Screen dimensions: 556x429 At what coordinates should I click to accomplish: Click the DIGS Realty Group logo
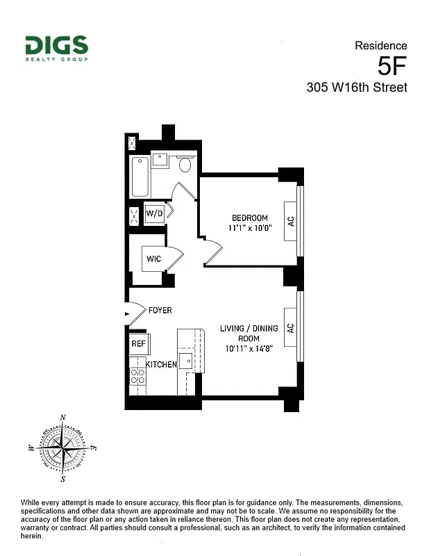point(57,48)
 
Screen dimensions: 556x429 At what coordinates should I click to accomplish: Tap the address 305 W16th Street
point(357,88)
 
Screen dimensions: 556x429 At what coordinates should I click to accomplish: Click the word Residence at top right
point(381,46)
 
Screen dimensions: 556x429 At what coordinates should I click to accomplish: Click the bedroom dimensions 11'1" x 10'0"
point(250,227)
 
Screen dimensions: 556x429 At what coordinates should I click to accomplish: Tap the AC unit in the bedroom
point(291,221)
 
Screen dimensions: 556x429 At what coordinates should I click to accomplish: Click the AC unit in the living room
point(291,327)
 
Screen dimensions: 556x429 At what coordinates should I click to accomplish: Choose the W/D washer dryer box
point(154,213)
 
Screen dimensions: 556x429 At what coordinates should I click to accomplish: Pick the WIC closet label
point(154,259)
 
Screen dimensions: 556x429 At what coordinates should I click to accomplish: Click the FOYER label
point(160,310)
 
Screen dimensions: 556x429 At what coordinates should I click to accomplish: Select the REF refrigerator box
point(137,343)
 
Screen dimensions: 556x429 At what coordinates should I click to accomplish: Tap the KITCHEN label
point(161,364)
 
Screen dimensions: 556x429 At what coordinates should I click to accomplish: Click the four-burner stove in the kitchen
point(137,377)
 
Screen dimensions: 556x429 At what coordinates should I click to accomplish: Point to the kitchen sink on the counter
point(186,361)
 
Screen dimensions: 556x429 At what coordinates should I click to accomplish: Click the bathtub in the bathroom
point(140,177)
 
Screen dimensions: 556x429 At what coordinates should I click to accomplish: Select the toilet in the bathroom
point(185,165)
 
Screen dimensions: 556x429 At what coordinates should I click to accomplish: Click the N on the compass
point(64,417)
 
